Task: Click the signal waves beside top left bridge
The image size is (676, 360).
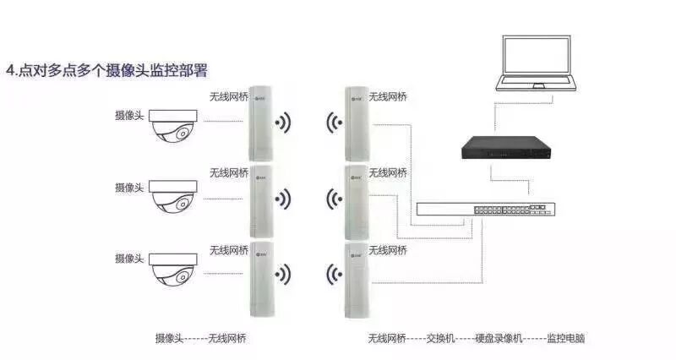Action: click(x=284, y=123)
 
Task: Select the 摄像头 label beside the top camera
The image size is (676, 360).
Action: click(x=129, y=114)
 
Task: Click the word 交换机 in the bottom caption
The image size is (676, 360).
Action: click(x=440, y=338)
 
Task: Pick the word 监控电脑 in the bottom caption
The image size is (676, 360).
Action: click(x=566, y=338)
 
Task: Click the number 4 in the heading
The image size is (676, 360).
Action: click(x=10, y=70)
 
